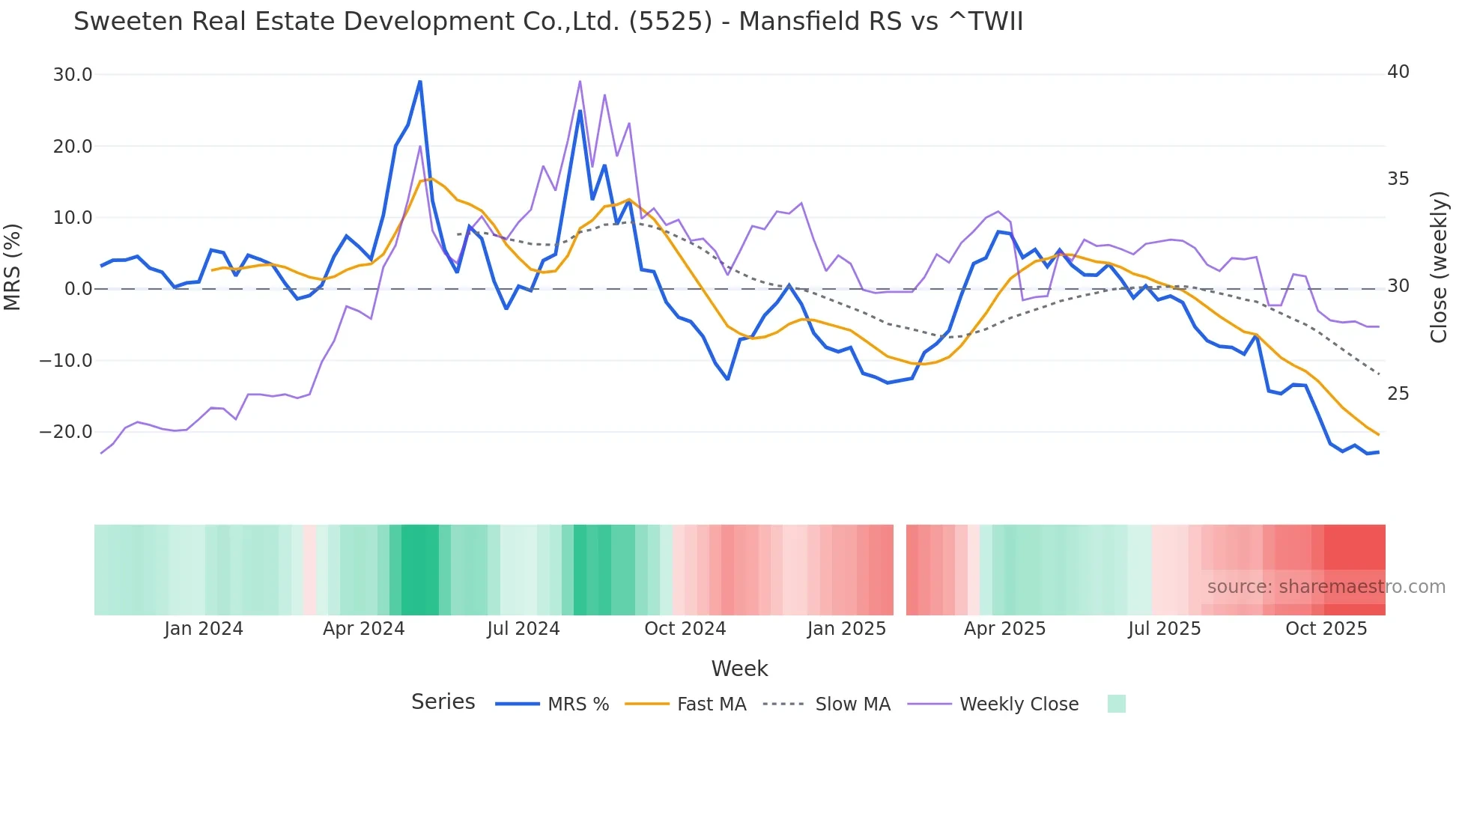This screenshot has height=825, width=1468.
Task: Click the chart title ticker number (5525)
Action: point(670,22)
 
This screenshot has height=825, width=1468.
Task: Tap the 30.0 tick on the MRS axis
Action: point(73,75)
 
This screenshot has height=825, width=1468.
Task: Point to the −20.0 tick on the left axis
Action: point(66,432)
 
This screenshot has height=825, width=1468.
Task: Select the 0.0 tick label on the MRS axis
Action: point(78,289)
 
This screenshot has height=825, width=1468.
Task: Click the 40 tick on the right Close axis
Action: point(1398,72)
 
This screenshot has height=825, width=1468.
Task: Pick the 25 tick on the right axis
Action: point(1398,394)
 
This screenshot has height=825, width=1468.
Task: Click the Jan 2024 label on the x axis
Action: point(204,629)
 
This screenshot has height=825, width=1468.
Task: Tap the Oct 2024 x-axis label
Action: point(685,629)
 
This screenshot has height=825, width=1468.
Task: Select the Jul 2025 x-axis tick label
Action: point(1164,629)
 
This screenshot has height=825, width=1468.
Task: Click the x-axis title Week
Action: point(739,669)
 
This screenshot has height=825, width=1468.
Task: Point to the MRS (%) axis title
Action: point(13,267)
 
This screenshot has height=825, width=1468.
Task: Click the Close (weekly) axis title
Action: point(1439,267)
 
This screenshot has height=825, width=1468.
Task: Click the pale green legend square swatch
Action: point(1116,704)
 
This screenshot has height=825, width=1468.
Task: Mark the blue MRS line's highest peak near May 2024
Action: point(420,81)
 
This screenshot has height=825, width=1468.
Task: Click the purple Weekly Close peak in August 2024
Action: point(580,82)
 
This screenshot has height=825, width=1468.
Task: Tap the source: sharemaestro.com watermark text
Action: point(1326,587)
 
